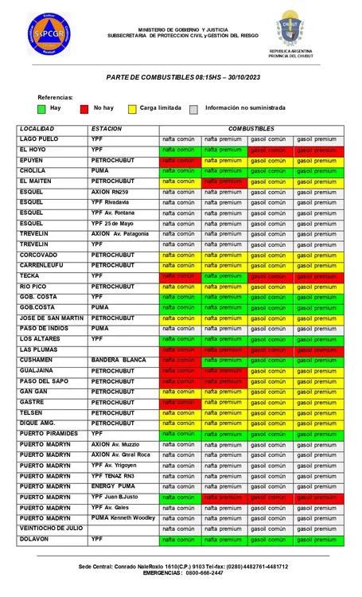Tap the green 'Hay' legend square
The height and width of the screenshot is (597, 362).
(42, 107)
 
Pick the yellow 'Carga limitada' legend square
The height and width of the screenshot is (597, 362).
(131, 107)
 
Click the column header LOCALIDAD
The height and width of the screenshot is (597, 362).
(37, 128)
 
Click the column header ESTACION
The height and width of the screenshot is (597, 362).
(106, 128)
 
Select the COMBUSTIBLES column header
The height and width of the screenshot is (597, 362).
(251, 128)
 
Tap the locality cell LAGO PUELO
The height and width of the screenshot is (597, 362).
(39, 139)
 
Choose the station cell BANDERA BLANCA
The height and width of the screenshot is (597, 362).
(119, 360)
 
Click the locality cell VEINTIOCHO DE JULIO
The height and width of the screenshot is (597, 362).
(51, 528)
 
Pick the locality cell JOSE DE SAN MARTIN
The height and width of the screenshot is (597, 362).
(51, 318)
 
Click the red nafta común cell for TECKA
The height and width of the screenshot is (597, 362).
(179, 275)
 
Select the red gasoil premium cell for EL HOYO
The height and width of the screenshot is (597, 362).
(317, 150)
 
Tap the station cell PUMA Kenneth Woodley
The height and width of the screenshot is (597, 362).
(123, 517)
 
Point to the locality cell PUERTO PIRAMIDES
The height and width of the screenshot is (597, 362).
(49, 433)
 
